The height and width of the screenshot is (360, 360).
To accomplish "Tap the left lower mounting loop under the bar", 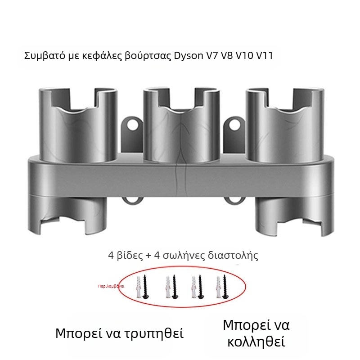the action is [x=131, y=200].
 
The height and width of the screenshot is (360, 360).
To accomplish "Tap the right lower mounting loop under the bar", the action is [x=234, y=200].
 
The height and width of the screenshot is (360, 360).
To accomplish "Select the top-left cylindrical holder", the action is [x=78, y=124].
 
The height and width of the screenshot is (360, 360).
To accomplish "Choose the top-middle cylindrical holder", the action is [x=181, y=124].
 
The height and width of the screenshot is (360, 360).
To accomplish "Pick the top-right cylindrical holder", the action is [x=285, y=124].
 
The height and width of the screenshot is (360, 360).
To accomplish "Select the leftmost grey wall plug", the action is [x=139, y=287].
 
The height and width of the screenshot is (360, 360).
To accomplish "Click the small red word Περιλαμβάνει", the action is [x=111, y=286].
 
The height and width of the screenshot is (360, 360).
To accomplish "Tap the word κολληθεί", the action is [x=256, y=342].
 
